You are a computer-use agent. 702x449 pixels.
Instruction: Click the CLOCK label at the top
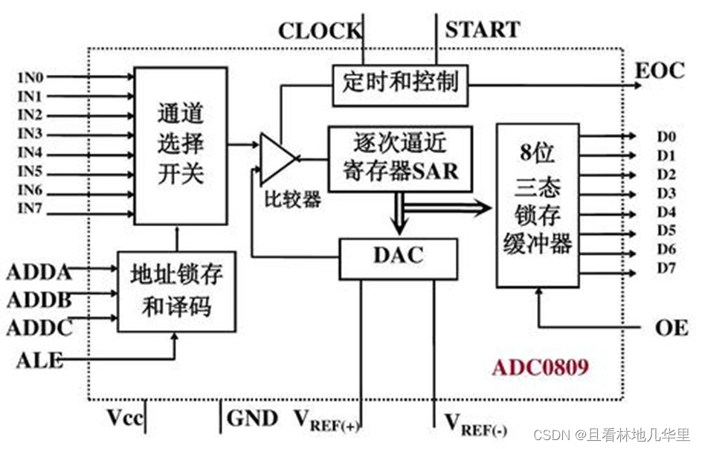pyautogui.click(x=320, y=32)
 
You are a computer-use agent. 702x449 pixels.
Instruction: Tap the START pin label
pyautogui.click(x=482, y=30)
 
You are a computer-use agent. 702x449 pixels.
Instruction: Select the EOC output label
pyautogui.click(x=659, y=71)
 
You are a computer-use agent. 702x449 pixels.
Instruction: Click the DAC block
pyautogui.click(x=398, y=256)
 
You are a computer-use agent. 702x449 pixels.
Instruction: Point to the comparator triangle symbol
pyautogui.click(x=277, y=158)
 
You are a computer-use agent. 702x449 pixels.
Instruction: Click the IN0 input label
pyautogui.click(x=30, y=77)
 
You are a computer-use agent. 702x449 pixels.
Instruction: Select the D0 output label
pyautogui.click(x=666, y=137)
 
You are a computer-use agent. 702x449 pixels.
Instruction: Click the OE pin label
pyautogui.click(x=672, y=328)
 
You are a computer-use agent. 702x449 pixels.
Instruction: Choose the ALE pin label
pyautogui.click(x=39, y=361)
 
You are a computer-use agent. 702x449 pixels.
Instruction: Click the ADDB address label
pyautogui.click(x=39, y=300)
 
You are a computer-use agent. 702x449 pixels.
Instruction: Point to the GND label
pyautogui.click(x=252, y=419)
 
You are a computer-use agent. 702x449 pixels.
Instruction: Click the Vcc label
pyautogui.click(x=123, y=419)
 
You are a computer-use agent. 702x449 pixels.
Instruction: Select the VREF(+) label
pyautogui.click(x=327, y=422)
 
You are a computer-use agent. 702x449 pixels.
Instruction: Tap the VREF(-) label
pyautogui.click(x=475, y=424)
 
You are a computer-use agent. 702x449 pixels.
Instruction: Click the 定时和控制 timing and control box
pyautogui.click(x=401, y=83)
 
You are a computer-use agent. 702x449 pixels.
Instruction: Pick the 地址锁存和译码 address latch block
pyautogui.click(x=177, y=291)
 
